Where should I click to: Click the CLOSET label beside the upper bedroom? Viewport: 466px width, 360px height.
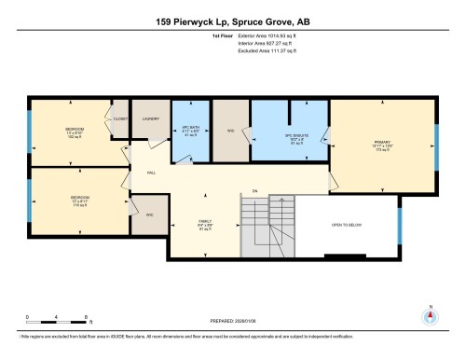(120, 118)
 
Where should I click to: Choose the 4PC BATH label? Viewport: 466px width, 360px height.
(190, 128)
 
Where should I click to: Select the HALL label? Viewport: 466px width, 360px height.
(150, 173)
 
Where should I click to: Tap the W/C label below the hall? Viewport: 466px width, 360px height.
(149, 215)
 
